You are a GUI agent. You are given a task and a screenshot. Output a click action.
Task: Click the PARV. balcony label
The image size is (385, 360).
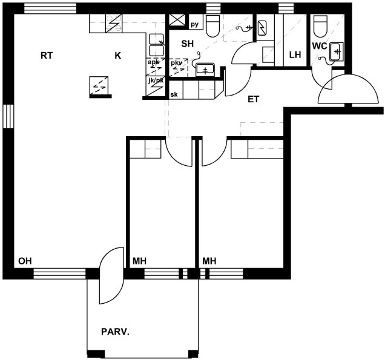point(115,332)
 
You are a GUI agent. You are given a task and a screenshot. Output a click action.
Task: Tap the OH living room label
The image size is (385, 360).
point(25,261)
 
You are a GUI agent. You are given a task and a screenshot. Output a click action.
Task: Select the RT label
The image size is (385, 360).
point(47,56)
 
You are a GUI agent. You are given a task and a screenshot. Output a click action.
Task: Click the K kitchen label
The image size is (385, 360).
point(118,56)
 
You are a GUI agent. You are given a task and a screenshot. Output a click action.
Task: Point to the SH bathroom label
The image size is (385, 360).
point(187,44)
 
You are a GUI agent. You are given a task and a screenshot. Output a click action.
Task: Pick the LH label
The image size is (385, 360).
point(295,54)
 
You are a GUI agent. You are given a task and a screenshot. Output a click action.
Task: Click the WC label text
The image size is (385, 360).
point(320,46)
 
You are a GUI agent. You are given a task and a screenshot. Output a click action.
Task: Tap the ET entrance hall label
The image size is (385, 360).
point(254,99)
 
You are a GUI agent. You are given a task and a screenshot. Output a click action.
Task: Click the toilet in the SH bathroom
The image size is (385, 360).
point(212,26)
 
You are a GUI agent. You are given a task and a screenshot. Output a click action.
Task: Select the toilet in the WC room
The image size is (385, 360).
point(321,26)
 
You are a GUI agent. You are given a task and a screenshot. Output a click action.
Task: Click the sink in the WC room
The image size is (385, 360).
point(336,52)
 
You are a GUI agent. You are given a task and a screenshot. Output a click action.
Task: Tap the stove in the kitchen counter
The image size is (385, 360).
point(114,24)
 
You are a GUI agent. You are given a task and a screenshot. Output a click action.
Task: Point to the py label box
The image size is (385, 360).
point(196,25)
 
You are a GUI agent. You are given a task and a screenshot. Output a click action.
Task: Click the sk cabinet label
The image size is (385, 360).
point(174,94)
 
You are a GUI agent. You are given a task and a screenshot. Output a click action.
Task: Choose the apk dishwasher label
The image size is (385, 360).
point(154,62)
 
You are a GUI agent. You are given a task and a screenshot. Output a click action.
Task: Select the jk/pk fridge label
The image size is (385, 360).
point(156,80)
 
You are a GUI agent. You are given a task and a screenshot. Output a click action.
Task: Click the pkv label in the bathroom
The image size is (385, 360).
point(177,63)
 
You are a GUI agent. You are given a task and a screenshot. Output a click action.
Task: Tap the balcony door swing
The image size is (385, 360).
point(111,275)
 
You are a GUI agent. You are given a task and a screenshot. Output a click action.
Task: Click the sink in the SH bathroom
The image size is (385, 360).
point(205,70)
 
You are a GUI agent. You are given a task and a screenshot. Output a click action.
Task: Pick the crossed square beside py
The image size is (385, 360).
point(177,20)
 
